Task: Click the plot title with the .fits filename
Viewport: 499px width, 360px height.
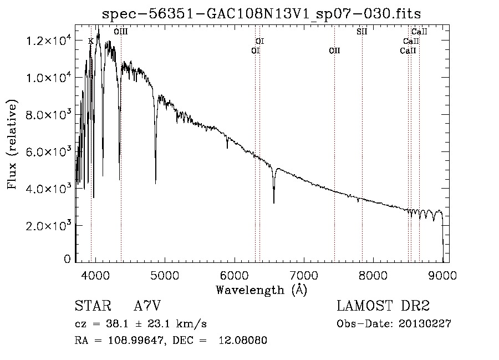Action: (x=261, y=14)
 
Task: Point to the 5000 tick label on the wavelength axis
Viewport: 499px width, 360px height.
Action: (x=165, y=275)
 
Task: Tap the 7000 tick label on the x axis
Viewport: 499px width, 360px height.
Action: (x=304, y=275)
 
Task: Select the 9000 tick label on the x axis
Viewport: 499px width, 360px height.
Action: (x=442, y=275)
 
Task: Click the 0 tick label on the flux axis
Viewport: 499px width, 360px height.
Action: (x=67, y=259)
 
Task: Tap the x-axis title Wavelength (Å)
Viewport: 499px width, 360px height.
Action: (x=262, y=290)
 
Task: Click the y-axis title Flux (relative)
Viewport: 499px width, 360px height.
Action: (x=12, y=144)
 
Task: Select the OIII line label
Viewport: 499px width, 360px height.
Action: (x=121, y=32)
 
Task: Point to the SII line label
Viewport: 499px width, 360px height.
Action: (x=362, y=32)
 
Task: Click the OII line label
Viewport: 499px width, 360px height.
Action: (x=334, y=50)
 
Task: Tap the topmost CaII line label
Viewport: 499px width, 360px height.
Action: (x=419, y=32)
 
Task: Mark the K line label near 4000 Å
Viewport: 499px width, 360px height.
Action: (x=91, y=41)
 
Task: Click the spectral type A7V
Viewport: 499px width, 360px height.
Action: (x=147, y=306)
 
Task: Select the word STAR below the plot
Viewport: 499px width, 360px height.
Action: (x=93, y=306)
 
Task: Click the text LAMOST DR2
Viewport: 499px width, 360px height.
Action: (x=383, y=306)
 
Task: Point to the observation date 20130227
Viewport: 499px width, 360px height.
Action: (x=425, y=324)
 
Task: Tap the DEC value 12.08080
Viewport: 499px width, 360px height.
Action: (x=243, y=340)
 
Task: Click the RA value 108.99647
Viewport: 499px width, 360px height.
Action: (x=136, y=340)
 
